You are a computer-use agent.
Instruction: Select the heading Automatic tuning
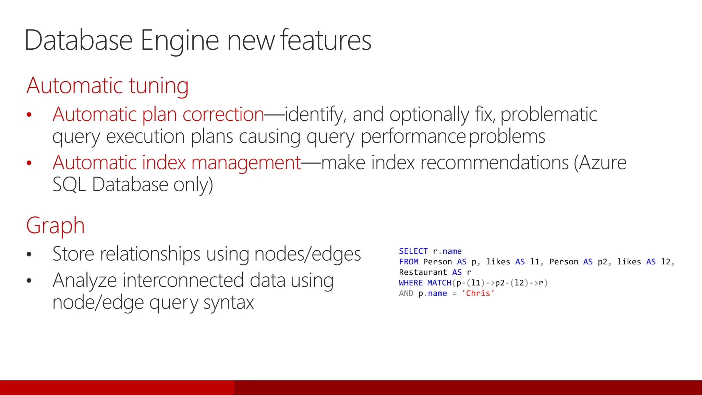click(107, 85)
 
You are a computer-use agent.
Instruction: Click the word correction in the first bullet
click(223, 114)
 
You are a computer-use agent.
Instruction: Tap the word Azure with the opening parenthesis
click(600, 163)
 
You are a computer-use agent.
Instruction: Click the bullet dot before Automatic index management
click(29, 163)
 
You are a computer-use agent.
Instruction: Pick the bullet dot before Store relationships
click(29, 254)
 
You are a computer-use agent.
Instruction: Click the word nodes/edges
click(307, 254)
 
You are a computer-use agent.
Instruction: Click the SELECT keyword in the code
click(413, 251)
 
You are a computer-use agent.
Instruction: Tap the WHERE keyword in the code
click(411, 283)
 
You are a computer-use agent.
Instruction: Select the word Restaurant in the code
click(423, 272)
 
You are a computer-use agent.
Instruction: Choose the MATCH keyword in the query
click(439, 283)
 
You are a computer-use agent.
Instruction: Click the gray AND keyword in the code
click(406, 294)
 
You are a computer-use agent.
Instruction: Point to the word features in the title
click(326, 40)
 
